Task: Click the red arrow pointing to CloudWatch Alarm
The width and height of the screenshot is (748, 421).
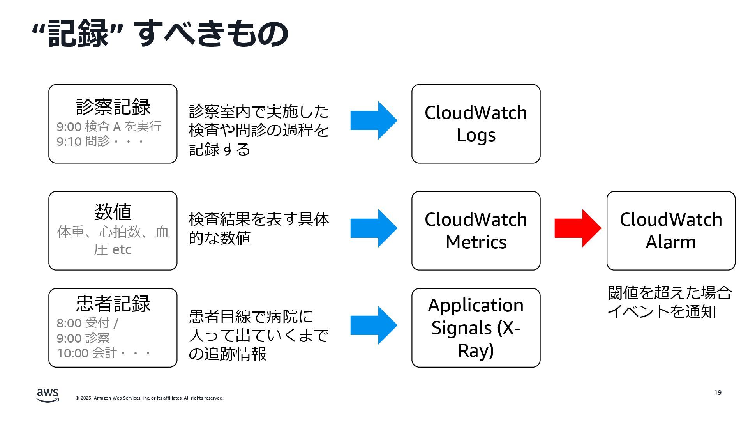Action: tap(578, 228)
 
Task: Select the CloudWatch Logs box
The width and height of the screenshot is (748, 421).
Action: tap(476, 124)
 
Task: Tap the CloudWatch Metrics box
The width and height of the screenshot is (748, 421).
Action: tap(476, 230)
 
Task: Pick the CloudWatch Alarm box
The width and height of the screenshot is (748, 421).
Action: tap(671, 230)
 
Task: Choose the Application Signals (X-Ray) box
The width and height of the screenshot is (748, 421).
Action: tap(476, 328)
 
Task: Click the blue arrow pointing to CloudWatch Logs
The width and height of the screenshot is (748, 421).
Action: tap(374, 120)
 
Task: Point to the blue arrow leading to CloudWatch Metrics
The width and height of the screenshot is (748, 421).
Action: tap(374, 228)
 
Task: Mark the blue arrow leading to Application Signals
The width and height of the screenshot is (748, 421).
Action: tap(374, 325)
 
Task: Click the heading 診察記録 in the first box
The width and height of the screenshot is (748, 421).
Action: tap(113, 107)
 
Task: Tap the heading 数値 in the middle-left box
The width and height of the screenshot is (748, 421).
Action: tap(113, 212)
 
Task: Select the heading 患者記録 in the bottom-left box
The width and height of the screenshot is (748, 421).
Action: tap(113, 303)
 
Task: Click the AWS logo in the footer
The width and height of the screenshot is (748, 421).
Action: tap(48, 395)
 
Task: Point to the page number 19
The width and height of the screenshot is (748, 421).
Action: tap(718, 393)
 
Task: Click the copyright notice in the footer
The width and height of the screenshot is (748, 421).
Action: tap(150, 398)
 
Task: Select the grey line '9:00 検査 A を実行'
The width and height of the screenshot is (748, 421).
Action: tap(109, 126)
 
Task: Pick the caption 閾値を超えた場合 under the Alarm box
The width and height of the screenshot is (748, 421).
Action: tap(670, 293)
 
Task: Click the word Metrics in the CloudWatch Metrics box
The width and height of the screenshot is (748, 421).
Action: tap(476, 242)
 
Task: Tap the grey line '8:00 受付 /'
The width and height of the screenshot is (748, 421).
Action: tap(88, 323)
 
